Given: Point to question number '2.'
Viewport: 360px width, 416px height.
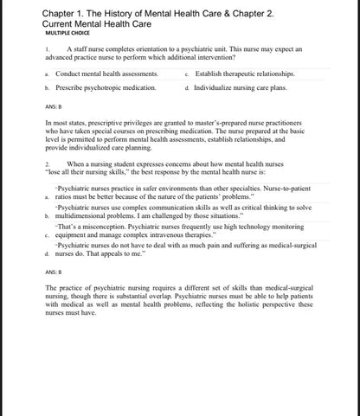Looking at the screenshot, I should click(x=47, y=163).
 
